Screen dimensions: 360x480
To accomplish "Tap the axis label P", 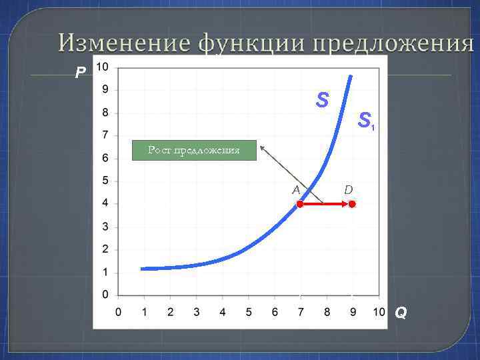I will pyautogui.click(x=81, y=72).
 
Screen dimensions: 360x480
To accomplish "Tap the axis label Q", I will pyautogui.click(x=401, y=312).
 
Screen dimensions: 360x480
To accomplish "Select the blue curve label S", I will pyautogui.click(x=323, y=101).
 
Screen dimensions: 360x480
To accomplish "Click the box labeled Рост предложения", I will pyautogui.click(x=193, y=151).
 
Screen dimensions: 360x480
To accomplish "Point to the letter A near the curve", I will pyautogui.click(x=296, y=189).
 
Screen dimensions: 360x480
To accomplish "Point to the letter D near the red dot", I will pyautogui.click(x=349, y=190).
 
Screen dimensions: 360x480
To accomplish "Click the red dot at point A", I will pyautogui.click(x=301, y=205).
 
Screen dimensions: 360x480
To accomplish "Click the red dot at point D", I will pyautogui.click(x=352, y=205).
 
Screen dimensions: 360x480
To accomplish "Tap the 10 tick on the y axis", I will pyautogui.click(x=103, y=67).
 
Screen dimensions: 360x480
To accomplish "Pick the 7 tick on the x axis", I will pyautogui.click(x=301, y=311).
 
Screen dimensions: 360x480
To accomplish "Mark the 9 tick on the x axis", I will pyautogui.click(x=353, y=311).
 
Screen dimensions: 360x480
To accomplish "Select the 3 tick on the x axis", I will pyautogui.click(x=196, y=311).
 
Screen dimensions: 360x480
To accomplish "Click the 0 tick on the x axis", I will pyautogui.click(x=118, y=311).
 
